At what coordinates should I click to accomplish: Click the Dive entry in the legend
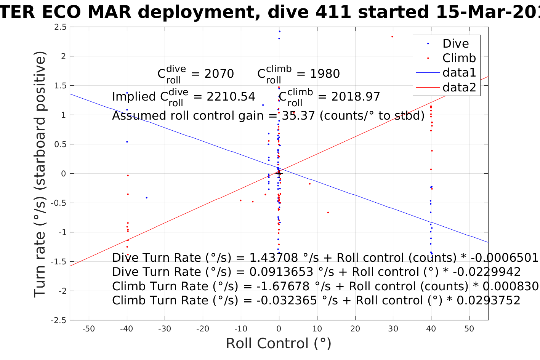coord(455,44)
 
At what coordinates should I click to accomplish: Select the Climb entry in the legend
coord(459,58)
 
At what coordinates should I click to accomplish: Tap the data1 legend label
coord(459,73)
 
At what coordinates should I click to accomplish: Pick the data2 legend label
coord(459,88)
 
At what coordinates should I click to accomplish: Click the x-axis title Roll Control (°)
coord(279,344)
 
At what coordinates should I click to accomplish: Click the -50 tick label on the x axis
coord(88,329)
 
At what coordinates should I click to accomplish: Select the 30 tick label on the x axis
coord(393,329)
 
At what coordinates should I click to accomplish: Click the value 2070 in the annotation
coord(219,74)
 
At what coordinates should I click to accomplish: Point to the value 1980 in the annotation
coord(325,74)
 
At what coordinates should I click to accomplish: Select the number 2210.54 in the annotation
coord(231,97)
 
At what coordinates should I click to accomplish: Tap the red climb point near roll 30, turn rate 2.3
coord(392,37)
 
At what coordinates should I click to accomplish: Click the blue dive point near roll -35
coord(146,198)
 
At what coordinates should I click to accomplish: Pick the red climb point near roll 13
coord(328,213)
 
